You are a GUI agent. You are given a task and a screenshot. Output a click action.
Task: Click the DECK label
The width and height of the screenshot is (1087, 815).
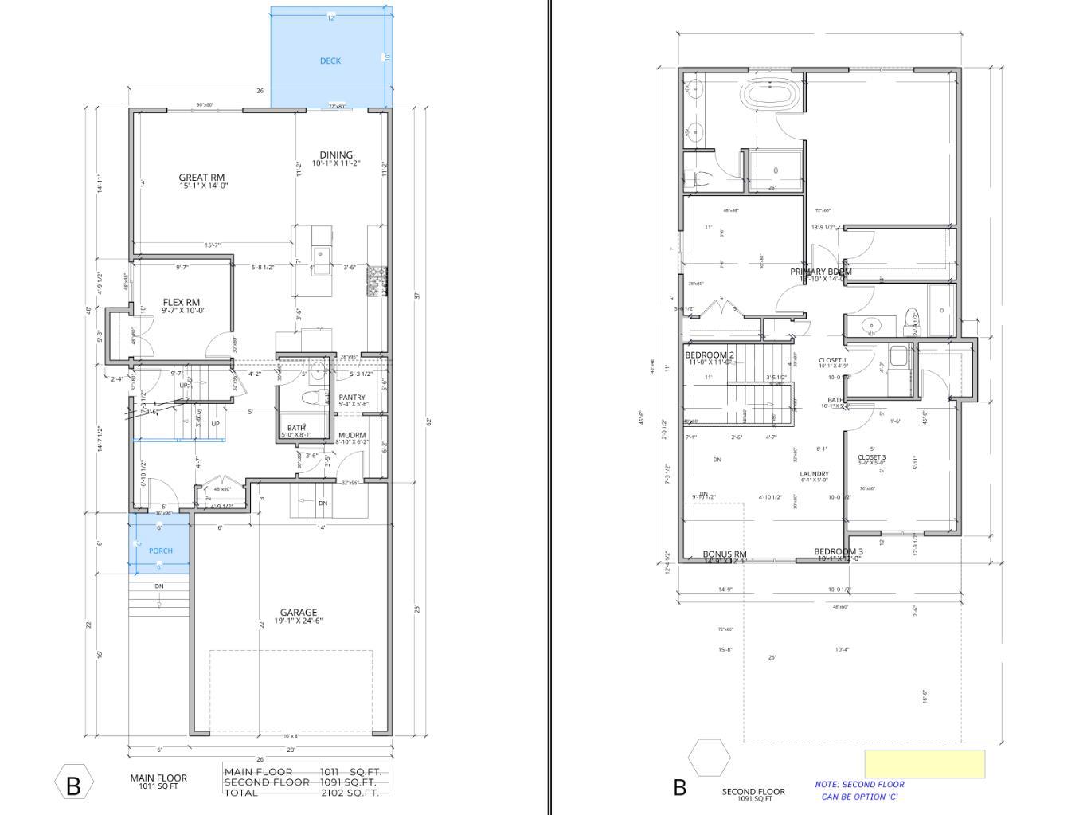330,61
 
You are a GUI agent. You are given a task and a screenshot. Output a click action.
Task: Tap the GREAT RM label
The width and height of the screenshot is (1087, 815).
201,178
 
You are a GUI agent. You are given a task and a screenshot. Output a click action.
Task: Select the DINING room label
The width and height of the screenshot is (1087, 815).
336,155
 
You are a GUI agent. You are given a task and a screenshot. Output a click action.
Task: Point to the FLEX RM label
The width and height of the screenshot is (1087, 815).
182,303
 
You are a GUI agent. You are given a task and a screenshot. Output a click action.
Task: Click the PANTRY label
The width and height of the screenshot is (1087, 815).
352,398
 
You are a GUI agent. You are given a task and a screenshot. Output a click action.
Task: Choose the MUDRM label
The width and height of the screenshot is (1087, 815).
352,435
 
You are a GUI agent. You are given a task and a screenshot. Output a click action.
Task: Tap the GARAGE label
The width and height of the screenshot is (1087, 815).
299,613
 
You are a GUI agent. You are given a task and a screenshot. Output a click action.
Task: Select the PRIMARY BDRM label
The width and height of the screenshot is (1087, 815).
821,272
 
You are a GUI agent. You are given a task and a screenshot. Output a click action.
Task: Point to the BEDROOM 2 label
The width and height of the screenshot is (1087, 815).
710,355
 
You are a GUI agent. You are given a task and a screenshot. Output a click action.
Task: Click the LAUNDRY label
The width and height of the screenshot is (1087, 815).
815,474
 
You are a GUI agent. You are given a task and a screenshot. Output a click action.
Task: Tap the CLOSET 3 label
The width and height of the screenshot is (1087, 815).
872,457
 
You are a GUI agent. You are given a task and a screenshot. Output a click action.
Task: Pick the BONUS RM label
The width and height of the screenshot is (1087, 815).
725,554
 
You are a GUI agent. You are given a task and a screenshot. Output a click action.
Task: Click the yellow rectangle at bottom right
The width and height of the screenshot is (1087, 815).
925,763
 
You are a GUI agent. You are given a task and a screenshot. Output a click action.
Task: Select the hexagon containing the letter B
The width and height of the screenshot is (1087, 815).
74,785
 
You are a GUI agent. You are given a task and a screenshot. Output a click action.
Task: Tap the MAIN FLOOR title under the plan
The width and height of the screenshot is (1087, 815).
158,778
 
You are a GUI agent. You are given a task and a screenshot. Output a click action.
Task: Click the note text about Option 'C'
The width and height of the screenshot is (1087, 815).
859,790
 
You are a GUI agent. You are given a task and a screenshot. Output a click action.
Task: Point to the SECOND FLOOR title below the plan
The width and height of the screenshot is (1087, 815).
753,792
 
